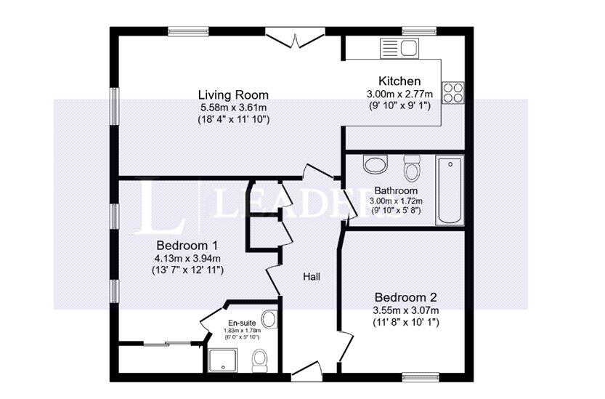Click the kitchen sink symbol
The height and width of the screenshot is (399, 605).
coord(399,48)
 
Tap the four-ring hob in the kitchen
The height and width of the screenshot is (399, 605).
coord(453,93)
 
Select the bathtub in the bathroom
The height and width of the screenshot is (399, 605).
coord(450,190)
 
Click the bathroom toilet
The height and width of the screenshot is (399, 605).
coord(412,168)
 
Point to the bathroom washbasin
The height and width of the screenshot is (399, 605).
coord(375,164)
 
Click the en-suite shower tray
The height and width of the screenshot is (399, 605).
coord(223,360)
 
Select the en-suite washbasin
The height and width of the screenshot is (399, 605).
coord(269,319)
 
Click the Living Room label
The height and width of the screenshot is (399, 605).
coord(233,94)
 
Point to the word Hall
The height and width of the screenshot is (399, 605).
coord(312,277)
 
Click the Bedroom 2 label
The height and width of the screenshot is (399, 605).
coord(405,297)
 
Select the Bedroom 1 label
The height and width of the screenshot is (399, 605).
coord(187,245)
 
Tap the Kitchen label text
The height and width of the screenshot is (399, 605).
coord(399,81)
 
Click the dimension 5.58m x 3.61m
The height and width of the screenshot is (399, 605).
coord(233,108)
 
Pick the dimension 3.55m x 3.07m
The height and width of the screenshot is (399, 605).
coord(405,310)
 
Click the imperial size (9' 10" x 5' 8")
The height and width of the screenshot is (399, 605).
coord(397,211)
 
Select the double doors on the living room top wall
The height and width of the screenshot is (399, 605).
coord(295,39)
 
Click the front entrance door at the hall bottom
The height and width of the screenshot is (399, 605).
coord(306,370)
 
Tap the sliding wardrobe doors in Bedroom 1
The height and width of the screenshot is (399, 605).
coord(167,343)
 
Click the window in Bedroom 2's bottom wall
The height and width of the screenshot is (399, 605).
coord(421,377)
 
